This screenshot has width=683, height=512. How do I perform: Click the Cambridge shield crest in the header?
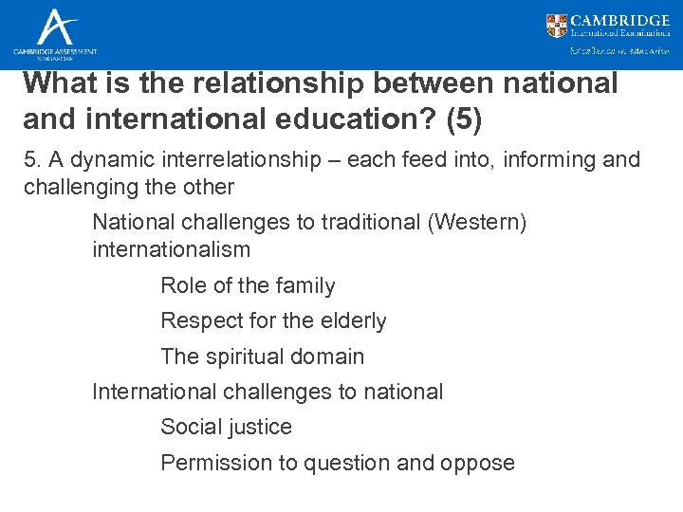pyautogui.click(x=557, y=26)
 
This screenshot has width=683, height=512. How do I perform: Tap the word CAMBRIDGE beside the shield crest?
pyautogui.click(x=620, y=20)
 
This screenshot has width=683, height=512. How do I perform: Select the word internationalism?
pyautogui.click(x=171, y=250)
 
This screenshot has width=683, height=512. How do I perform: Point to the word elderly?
pyautogui.click(x=351, y=321)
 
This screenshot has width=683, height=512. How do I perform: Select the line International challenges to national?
pyautogui.click(x=268, y=392)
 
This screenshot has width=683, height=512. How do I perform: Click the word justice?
pyautogui.click(x=259, y=428)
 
